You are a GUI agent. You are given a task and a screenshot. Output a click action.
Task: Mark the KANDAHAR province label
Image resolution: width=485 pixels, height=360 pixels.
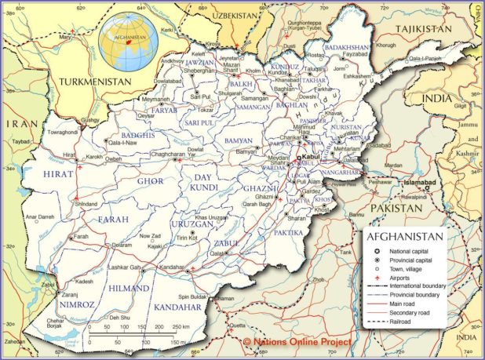click(177, 307)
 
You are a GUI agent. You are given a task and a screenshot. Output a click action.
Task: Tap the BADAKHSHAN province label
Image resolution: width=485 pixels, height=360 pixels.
click(346, 47)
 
